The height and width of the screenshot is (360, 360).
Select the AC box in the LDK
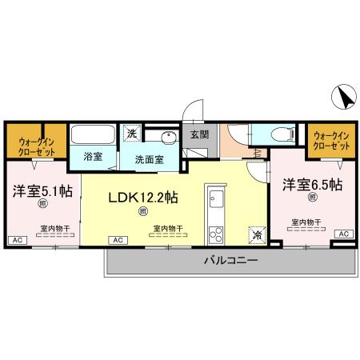pyautogui.click(x=117, y=240)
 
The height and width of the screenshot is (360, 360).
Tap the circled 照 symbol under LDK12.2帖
pyautogui.click(x=143, y=211)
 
